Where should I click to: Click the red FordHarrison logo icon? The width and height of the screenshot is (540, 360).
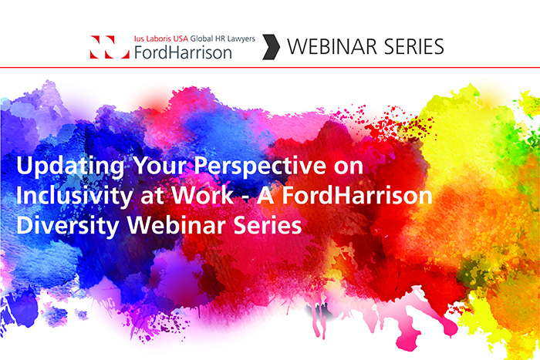[x=110, y=47]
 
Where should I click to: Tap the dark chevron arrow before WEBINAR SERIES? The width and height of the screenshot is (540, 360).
[x=271, y=47]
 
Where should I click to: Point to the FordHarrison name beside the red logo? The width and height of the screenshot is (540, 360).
[x=183, y=52]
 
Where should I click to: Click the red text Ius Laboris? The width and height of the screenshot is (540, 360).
[x=153, y=39]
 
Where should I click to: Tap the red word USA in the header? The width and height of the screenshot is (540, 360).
[x=181, y=39]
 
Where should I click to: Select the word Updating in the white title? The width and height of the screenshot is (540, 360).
[x=70, y=167]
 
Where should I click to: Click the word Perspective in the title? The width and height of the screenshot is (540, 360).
[x=260, y=167]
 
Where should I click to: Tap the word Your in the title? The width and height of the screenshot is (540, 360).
[x=160, y=165]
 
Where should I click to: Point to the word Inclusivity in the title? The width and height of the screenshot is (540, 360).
[x=74, y=196]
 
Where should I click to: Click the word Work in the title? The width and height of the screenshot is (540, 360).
[x=202, y=195]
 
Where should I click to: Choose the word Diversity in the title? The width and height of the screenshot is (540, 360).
[x=68, y=226]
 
